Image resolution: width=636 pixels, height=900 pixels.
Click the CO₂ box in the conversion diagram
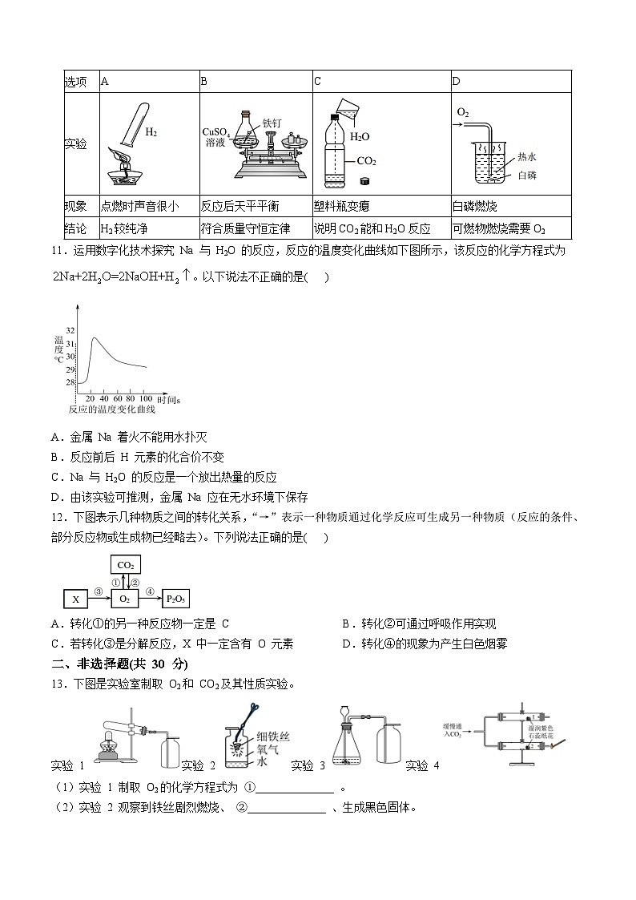coord(126,565)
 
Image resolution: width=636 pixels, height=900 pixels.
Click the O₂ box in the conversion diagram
coord(126,599)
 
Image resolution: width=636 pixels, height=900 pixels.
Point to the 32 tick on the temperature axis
coord(70,330)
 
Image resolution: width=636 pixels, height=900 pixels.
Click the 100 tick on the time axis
coord(146,398)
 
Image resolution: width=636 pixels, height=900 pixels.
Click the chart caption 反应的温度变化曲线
coord(112,410)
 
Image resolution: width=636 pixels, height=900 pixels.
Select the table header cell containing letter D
coord(457,81)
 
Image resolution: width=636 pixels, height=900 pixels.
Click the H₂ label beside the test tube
coord(151,131)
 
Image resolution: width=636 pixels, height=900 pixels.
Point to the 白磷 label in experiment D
coord(527,175)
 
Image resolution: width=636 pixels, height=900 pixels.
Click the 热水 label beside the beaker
coord(527,157)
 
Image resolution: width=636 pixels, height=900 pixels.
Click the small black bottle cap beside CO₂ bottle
coord(366,181)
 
